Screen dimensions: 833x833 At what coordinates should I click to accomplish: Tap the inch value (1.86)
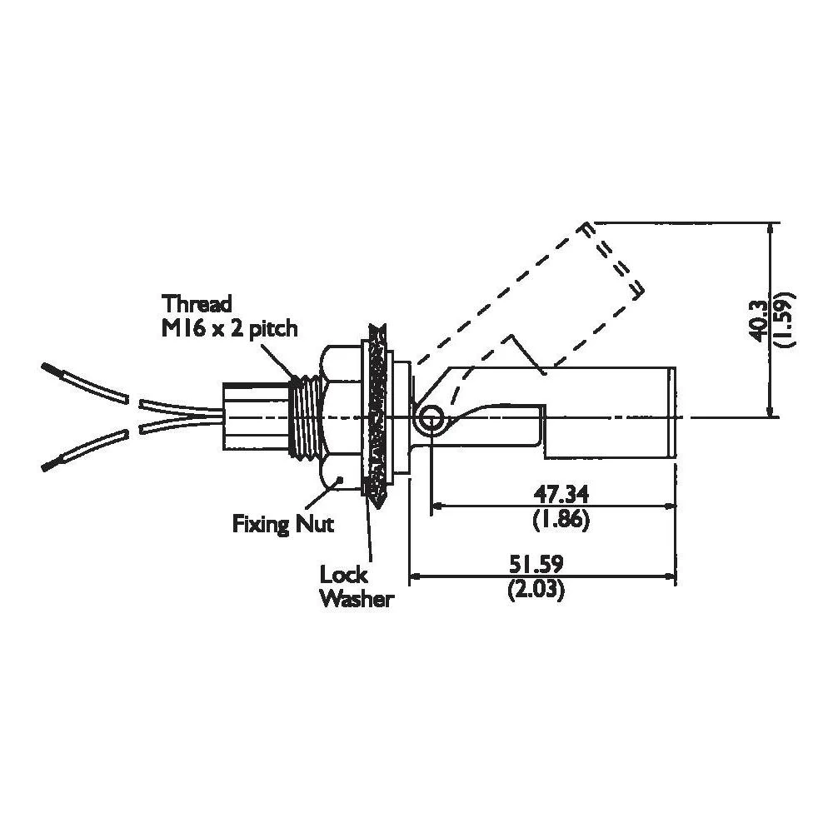click(x=560, y=521)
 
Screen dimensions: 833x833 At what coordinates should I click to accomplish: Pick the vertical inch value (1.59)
click(x=783, y=319)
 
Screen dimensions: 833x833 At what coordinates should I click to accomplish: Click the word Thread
click(x=197, y=302)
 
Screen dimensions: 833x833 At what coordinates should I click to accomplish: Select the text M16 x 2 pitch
click(x=229, y=328)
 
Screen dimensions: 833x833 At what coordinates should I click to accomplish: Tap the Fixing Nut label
click(x=282, y=525)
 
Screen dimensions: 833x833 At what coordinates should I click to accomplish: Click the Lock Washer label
click(x=356, y=586)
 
